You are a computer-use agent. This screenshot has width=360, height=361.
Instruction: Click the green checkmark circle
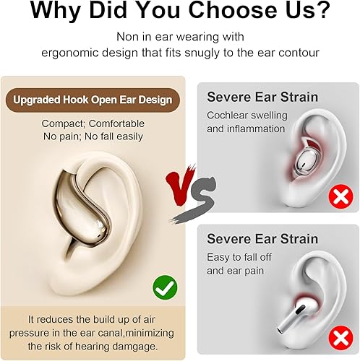pos(165,288)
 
